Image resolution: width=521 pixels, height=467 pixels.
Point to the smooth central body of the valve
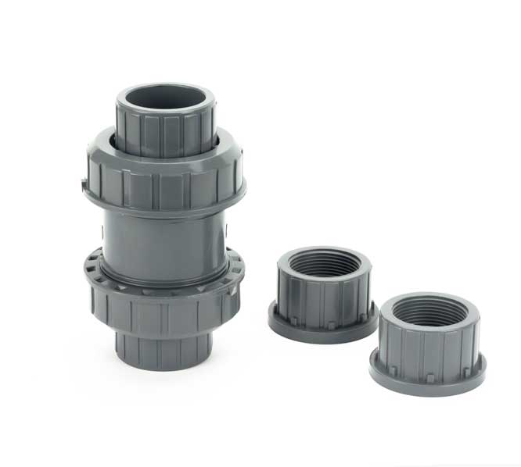point(164,242)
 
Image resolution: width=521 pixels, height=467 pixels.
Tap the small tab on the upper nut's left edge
point(84,186)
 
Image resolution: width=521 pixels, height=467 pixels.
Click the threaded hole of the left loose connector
point(324,264)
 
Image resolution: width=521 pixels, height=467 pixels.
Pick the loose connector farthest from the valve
point(428,344)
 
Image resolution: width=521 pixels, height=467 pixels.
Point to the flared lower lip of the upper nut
point(164,207)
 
